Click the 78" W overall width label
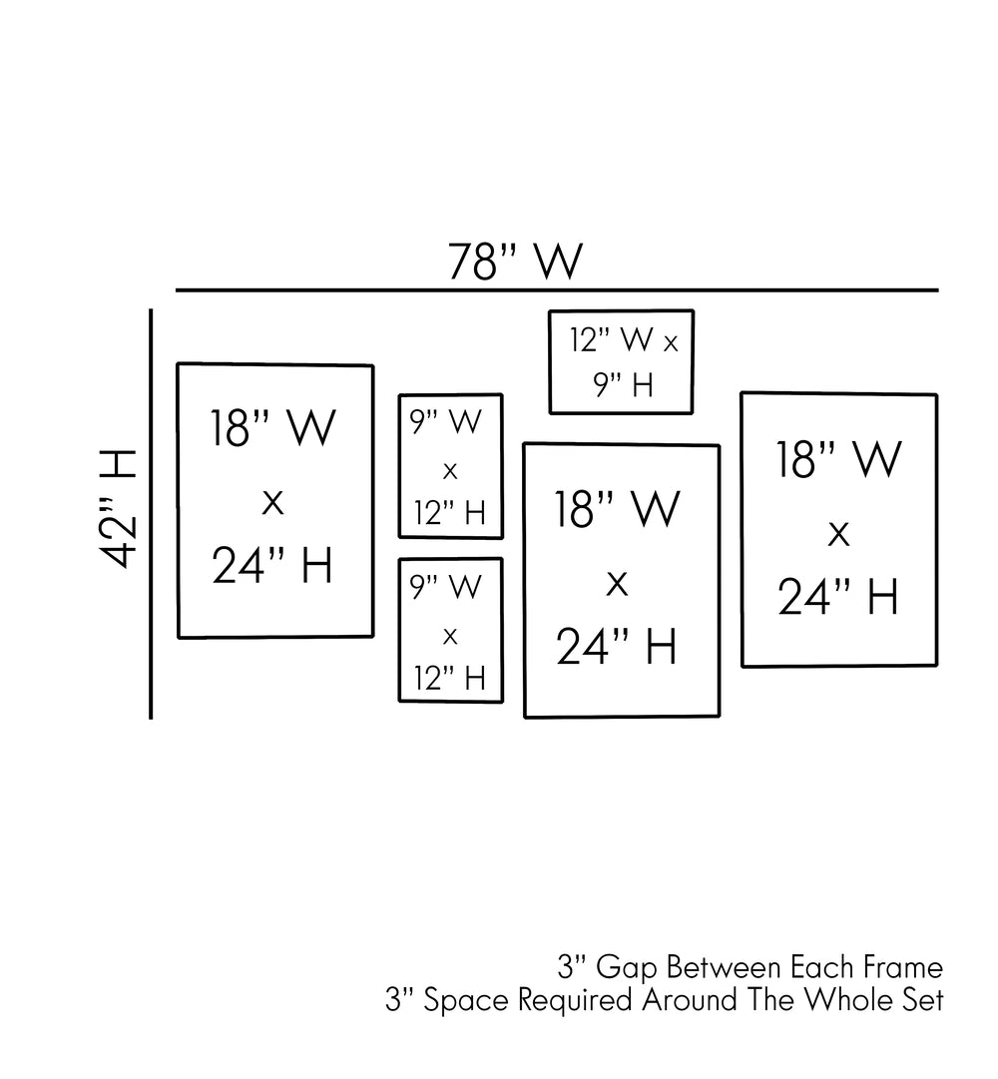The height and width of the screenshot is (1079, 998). [x=515, y=262]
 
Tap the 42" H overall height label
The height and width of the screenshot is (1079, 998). [x=119, y=508]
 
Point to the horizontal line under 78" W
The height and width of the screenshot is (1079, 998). [x=557, y=290]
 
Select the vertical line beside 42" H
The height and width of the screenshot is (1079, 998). [x=151, y=514]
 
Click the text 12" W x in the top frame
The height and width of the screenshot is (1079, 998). [x=624, y=340]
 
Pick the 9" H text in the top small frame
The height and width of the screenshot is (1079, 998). [x=623, y=385]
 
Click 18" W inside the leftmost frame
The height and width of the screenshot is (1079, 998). [x=272, y=429]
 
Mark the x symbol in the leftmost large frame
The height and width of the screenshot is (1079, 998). [x=272, y=502]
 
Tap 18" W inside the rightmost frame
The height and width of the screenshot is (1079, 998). [x=838, y=460]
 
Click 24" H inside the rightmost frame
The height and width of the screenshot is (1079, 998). [x=838, y=598]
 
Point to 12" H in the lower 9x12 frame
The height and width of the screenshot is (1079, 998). [x=450, y=679]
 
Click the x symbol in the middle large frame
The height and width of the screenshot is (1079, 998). [x=618, y=582]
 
